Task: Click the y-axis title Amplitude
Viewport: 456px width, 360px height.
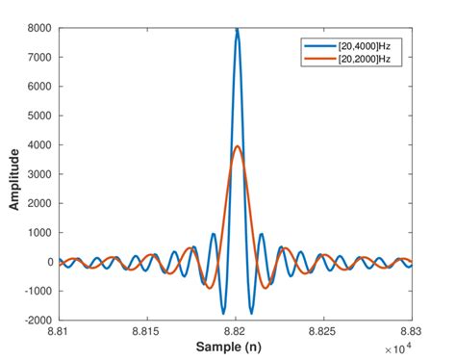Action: (x=13, y=174)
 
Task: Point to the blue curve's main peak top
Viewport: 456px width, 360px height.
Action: (x=237, y=30)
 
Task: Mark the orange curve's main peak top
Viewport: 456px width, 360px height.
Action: (x=237, y=146)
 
